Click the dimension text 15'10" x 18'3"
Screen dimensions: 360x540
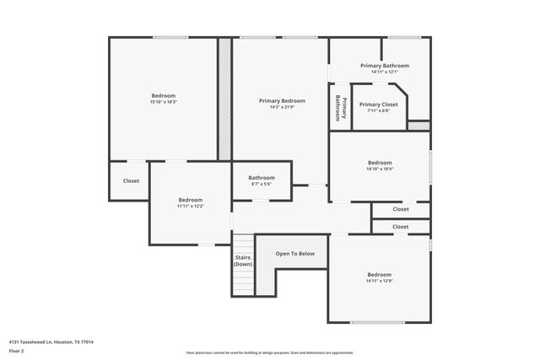click(x=165, y=102)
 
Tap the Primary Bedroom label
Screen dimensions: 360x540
click(x=282, y=100)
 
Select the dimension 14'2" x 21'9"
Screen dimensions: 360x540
click(x=282, y=107)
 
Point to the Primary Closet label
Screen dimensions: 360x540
click(x=379, y=104)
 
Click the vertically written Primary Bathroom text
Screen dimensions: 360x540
click(x=340, y=107)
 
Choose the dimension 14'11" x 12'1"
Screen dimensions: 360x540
click(x=384, y=72)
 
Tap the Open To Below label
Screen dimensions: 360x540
click(x=295, y=253)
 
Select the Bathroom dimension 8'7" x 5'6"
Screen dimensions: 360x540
click(x=262, y=184)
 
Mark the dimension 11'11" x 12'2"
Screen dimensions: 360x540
click(x=190, y=206)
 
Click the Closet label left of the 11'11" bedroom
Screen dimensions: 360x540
click(x=131, y=180)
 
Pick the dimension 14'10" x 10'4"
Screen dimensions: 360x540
click(x=380, y=169)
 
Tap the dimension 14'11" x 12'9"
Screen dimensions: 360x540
click(x=379, y=281)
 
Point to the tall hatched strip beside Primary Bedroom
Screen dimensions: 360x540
click(x=224, y=99)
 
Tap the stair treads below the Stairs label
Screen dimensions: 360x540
click(x=243, y=282)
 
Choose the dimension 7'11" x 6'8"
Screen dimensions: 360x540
click(x=379, y=110)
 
